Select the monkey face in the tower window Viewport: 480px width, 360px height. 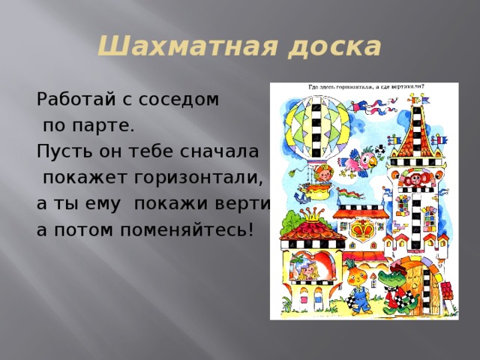[411, 179]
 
